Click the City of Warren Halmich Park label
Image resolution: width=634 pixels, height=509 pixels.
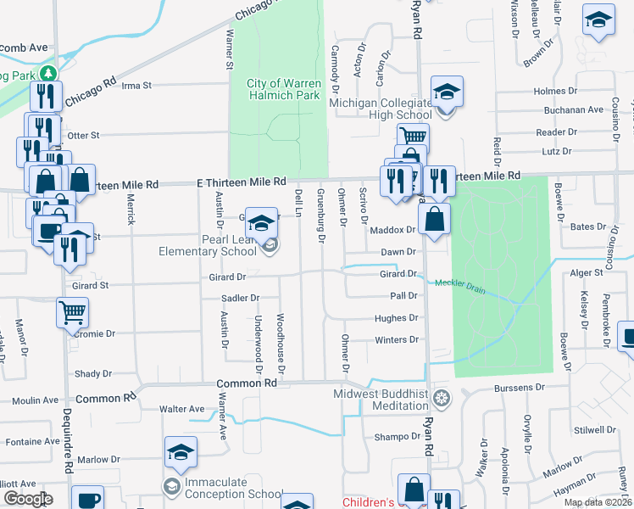click(283, 89)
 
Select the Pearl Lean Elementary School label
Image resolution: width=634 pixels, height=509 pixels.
click(209, 245)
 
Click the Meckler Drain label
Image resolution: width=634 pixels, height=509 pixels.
click(459, 285)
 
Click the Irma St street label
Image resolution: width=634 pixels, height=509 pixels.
click(136, 86)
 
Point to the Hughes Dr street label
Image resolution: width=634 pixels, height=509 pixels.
click(396, 318)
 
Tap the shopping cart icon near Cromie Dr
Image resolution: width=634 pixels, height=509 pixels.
click(72, 311)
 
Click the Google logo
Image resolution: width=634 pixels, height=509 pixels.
click(28, 499)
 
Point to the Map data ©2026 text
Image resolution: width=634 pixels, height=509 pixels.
click(598, 502)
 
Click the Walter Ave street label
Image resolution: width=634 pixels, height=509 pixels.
click(182, 409)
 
